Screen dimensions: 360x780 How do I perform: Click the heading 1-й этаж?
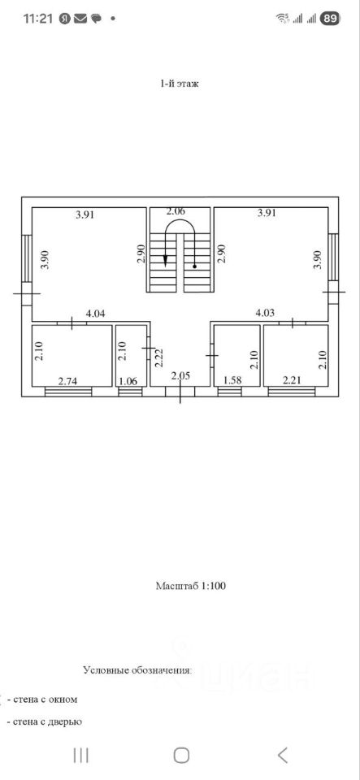point(180,84)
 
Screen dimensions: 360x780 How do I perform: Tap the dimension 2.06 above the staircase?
point(176,211)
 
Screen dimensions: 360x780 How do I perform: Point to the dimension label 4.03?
point(265,314)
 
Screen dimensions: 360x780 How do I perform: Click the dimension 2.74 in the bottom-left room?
point(67,382)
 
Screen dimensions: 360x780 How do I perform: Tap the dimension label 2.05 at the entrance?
point(180,376)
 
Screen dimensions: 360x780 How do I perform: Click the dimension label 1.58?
point(232,382)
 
